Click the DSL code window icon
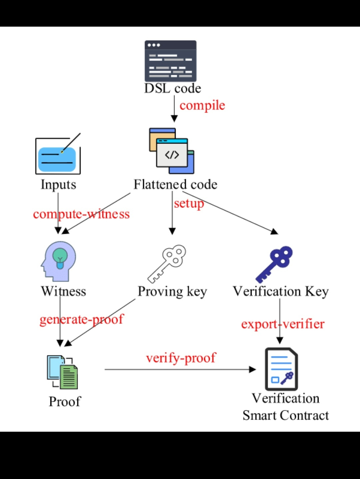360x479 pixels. pyautogui.click(x=170, y=61)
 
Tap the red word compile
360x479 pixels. pyautogui.click(x=202, y=106)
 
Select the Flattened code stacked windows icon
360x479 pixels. pyautogui.click(x=172, y=151)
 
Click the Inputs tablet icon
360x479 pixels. pyautogui.click(x=58, y=156)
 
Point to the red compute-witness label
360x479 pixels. pyautogui.click(x=81, y=214)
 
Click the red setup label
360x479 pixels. pyautogui.click(x=189, y=203)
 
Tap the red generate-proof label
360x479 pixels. pyautogui.click(x=82, y=319)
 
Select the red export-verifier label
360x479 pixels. pyautogui.click(x=283, y=324)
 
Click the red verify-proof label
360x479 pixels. pyautogui.click(x=181, y=358)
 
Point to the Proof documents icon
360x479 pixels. pyautogui.click(x=62, y=372)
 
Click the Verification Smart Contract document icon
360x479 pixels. pyautogui.click(x=281, y=369)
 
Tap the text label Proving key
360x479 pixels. pyautogui.click(x=172, y=291)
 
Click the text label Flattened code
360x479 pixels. pyautogui.click(x=175, y=185)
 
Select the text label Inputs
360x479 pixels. pyautogui.click(x=58, y=185)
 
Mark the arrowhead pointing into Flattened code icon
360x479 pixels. pyautogui.click(x=174, y=119)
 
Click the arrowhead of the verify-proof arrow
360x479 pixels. pyautogui.click(x=252, y=369)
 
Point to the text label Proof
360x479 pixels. pyautogui.click(x=65, y=402)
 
